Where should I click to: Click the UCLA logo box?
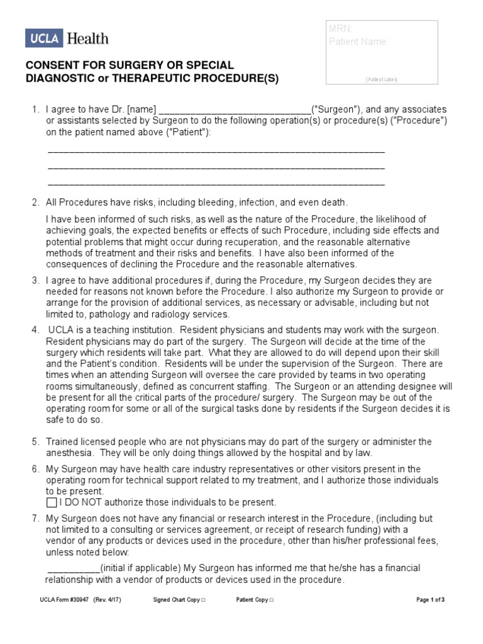click(x=43, y=38)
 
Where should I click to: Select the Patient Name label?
click(x=358, y=42)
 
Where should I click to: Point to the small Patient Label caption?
click(x=381, y=80)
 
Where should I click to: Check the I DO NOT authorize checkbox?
click(x=52, y=502)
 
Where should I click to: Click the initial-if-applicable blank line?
click(x=73, y=568)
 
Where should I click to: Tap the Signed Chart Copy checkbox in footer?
click(x=202, y=600)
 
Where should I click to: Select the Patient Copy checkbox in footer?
click(x=271, y=600)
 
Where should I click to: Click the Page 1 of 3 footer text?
click(x=431, y=600)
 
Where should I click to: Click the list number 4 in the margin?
click(x=36, y=330)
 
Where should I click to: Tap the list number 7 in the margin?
click(x=36, y=518)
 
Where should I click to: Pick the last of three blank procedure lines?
click(x=216, y=184)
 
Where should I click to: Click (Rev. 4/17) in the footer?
click(x=107, y=600)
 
